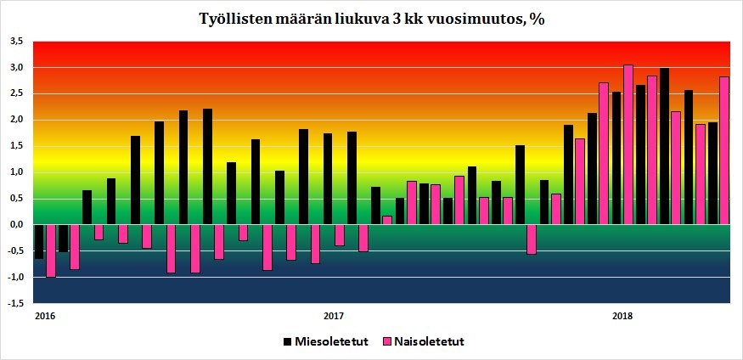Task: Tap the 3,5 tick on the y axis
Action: pyautogui.click(x=17, y=41)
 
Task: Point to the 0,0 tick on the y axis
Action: pyautogui.click(x=17, y=224)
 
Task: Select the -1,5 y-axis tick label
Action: pyautogui.click(x=16, y=303)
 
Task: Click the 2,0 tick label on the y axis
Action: pyautogui.click(x=17, y=120)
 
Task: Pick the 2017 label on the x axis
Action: pyautogui.click(x=334, y=317)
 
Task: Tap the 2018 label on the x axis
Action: pyautogui.click(x=622, y=317)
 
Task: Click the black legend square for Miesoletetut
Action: pyautogui.click(x=286, y=341)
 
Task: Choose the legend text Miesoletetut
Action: pyautogui.click(x=330, y=341)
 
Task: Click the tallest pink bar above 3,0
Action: pyautogui.click(x=628, y=144)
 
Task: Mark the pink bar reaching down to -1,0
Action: pyautogui.click(x=50, y=250)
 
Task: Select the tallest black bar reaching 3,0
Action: pyautogui.click(x=664, y=146)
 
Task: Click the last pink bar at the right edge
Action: pyautogui.click(x=724, y=150)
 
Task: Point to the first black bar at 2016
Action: pyautogui.click(x=38, y=241)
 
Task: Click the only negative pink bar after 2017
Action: pyautogui.click(x=532, y=239)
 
